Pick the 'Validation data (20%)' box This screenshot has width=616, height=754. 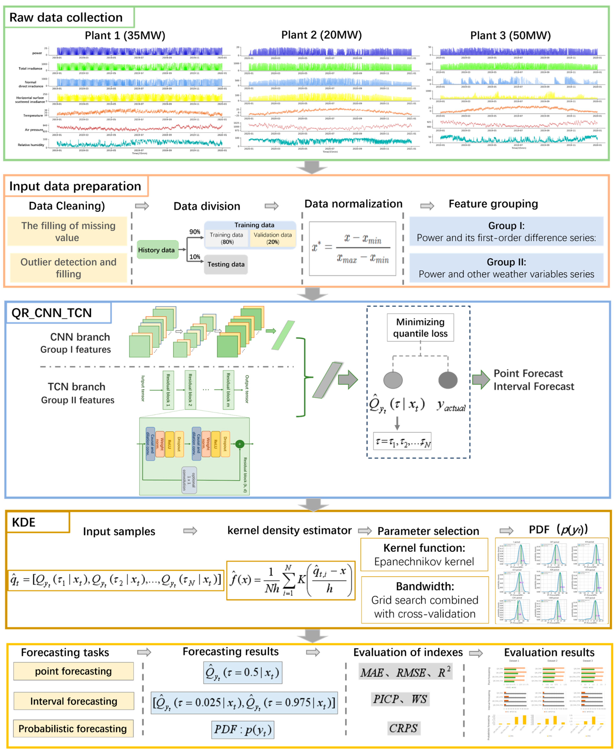click(273, 238)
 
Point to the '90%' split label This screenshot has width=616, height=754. click(195, 232)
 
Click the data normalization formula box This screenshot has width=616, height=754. click(352, 248)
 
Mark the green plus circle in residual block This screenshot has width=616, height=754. click(240, 444)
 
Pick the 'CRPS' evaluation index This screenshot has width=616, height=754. click(403, 728)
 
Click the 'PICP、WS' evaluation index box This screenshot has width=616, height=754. click(400, 699)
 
